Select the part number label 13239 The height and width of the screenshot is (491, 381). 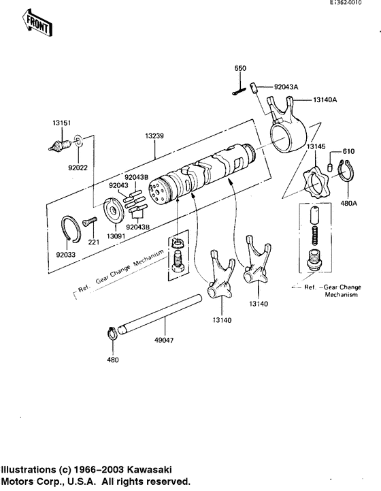pos(154,136)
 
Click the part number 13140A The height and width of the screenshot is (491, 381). pos(327,99)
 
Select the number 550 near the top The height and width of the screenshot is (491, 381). pos(239,69)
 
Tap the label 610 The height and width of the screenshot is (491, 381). pos(348,151)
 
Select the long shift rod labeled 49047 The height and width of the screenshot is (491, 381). pos(160,315)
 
